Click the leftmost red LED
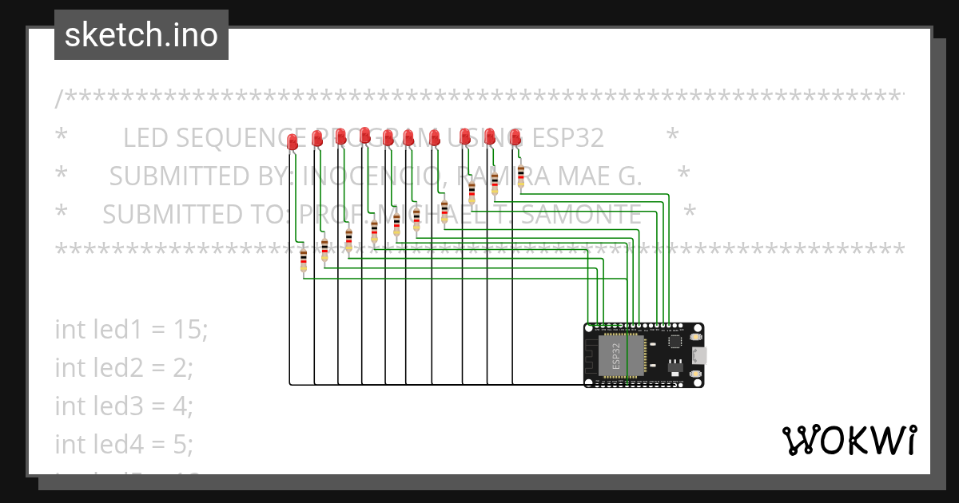point(292,142)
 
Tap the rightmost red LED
point(515,136)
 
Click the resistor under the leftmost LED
point(304,260)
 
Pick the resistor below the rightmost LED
point(521,175)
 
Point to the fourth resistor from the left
point(374,230)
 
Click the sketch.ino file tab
point(141,35)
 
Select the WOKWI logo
point(849,441)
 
